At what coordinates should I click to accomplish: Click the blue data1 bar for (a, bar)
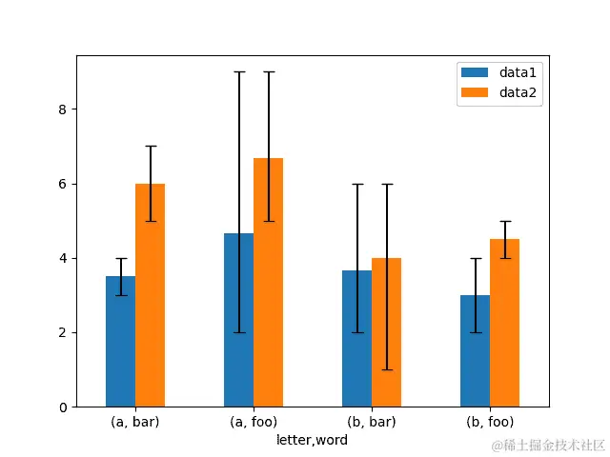click(120, 342)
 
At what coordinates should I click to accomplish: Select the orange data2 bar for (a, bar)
click(150, 295)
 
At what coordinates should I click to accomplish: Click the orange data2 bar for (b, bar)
click(386, 332)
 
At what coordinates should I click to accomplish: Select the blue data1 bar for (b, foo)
click(475, 351)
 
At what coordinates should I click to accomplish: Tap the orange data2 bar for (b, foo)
click(504, 323)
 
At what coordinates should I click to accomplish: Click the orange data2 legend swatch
click(474, 92)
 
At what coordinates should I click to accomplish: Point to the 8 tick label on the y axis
click(62, 109)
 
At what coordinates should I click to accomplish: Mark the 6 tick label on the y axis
click(62, 184)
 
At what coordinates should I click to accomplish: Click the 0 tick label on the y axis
click(62, 407)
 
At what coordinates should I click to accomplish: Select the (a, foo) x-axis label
click(254, 422)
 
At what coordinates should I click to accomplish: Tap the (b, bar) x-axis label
click(372, 422)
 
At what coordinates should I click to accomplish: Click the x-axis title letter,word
click(312, 440)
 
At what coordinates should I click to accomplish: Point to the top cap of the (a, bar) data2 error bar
click(150, 147)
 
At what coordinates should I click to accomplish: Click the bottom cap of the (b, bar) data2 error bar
click(386, 369)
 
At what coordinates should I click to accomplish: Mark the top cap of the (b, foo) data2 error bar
click(504, 221)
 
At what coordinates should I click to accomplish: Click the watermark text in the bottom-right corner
click(548, 446)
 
